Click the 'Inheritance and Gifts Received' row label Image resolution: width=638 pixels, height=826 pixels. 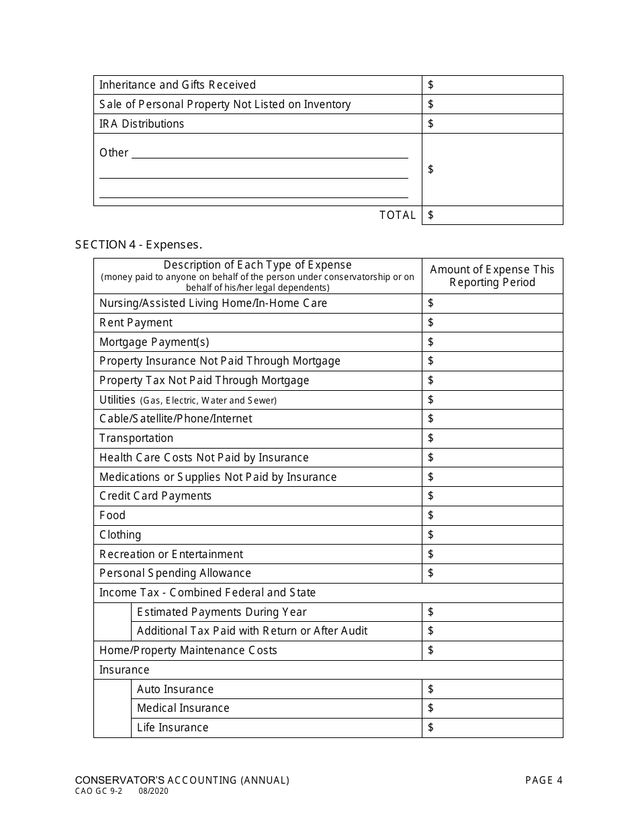(x=177, y=85)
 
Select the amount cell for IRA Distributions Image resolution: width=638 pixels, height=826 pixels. (x=492, y=124)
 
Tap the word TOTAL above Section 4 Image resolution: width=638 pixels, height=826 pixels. (x=398, y=215)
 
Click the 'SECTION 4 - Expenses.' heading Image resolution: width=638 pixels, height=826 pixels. (x=138, y=244)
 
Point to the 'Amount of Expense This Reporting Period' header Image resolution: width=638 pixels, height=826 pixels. (x=492, y=275)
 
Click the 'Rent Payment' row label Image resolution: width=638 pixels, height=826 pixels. (x=136, y=322)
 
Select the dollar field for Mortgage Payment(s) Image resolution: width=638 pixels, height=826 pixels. (x=492, y=342)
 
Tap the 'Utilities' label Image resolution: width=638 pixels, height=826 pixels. (x=118, y=400)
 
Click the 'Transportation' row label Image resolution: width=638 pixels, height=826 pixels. (x=136, y=438)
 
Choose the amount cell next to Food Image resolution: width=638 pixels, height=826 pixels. (x=492, y=515)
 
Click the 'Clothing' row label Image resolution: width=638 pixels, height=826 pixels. (x=120, y=535)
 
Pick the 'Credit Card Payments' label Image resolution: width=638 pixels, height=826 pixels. (x=155, y=496)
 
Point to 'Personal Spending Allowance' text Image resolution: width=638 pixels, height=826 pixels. (x=175, y=573)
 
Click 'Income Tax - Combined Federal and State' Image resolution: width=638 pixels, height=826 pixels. (x=208, y=592)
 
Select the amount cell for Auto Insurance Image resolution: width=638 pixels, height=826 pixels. (x=492, y=689)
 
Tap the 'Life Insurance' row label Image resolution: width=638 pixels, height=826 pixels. (x=173, y=727)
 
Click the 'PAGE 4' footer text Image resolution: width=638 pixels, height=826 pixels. (x=543, y=780)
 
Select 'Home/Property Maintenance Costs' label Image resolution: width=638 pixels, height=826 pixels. (x=188, y=650)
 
